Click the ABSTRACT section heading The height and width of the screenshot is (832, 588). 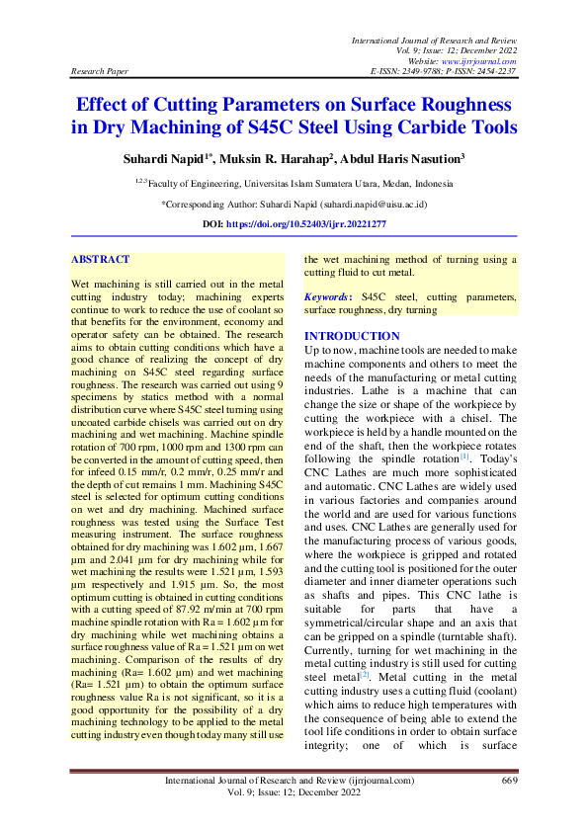(100, 260)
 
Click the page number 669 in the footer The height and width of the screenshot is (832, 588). (510, 781)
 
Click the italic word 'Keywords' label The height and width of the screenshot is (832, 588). (327, 296)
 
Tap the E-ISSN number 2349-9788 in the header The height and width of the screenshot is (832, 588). (419, 72)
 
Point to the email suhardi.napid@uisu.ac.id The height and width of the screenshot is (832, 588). (374, 205)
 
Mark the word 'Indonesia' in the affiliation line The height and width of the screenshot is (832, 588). (433, 183)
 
